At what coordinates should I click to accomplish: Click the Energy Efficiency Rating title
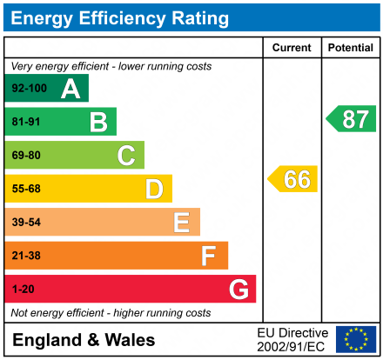click(x=121, y=17)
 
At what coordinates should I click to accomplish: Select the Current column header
click(x=292, y=48)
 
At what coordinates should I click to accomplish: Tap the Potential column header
click(x=350, y=48)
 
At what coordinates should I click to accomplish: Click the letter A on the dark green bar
click(x=71, y=89)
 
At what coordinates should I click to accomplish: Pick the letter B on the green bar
click(x=98, y=122)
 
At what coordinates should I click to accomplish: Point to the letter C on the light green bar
click(x=126, y=156)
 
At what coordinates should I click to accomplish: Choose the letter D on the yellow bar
click(x=154, y=189)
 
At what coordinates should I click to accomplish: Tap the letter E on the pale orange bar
click(x=181, y=223)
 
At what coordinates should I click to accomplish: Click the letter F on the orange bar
click(x=209, y=256)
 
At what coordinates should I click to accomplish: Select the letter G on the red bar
click(x=238, y=289)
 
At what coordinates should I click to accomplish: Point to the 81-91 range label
click(x=26, y=122)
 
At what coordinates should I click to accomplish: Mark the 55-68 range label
click(x=26, y=189)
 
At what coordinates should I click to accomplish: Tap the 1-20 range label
click(x=23, y=289)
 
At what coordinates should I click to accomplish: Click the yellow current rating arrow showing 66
click(x=293, y=179)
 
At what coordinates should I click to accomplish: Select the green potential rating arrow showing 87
click(x=352, y=119)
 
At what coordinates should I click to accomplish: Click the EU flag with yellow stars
click(x=355, y=339)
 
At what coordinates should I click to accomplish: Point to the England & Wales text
click(x=84, y=340)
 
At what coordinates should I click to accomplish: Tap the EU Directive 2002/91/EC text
click(x=292, y=339)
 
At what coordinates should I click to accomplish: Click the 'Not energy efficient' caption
click(x=110, y=312)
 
